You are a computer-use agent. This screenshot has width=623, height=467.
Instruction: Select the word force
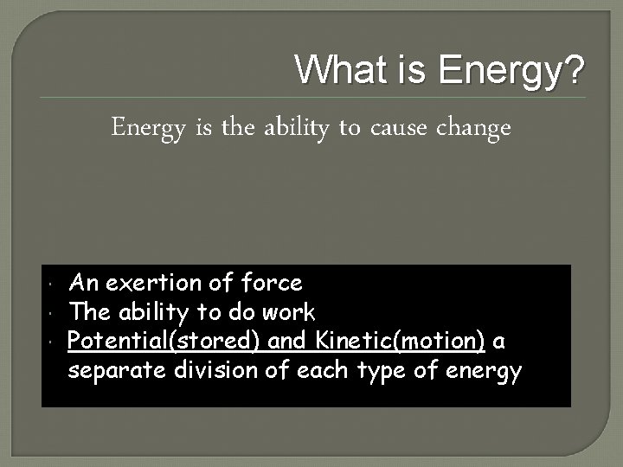click(272, 282)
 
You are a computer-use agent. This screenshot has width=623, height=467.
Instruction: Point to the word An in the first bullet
click(82, 282)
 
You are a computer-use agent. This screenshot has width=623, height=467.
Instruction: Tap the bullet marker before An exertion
click(54, 284)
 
